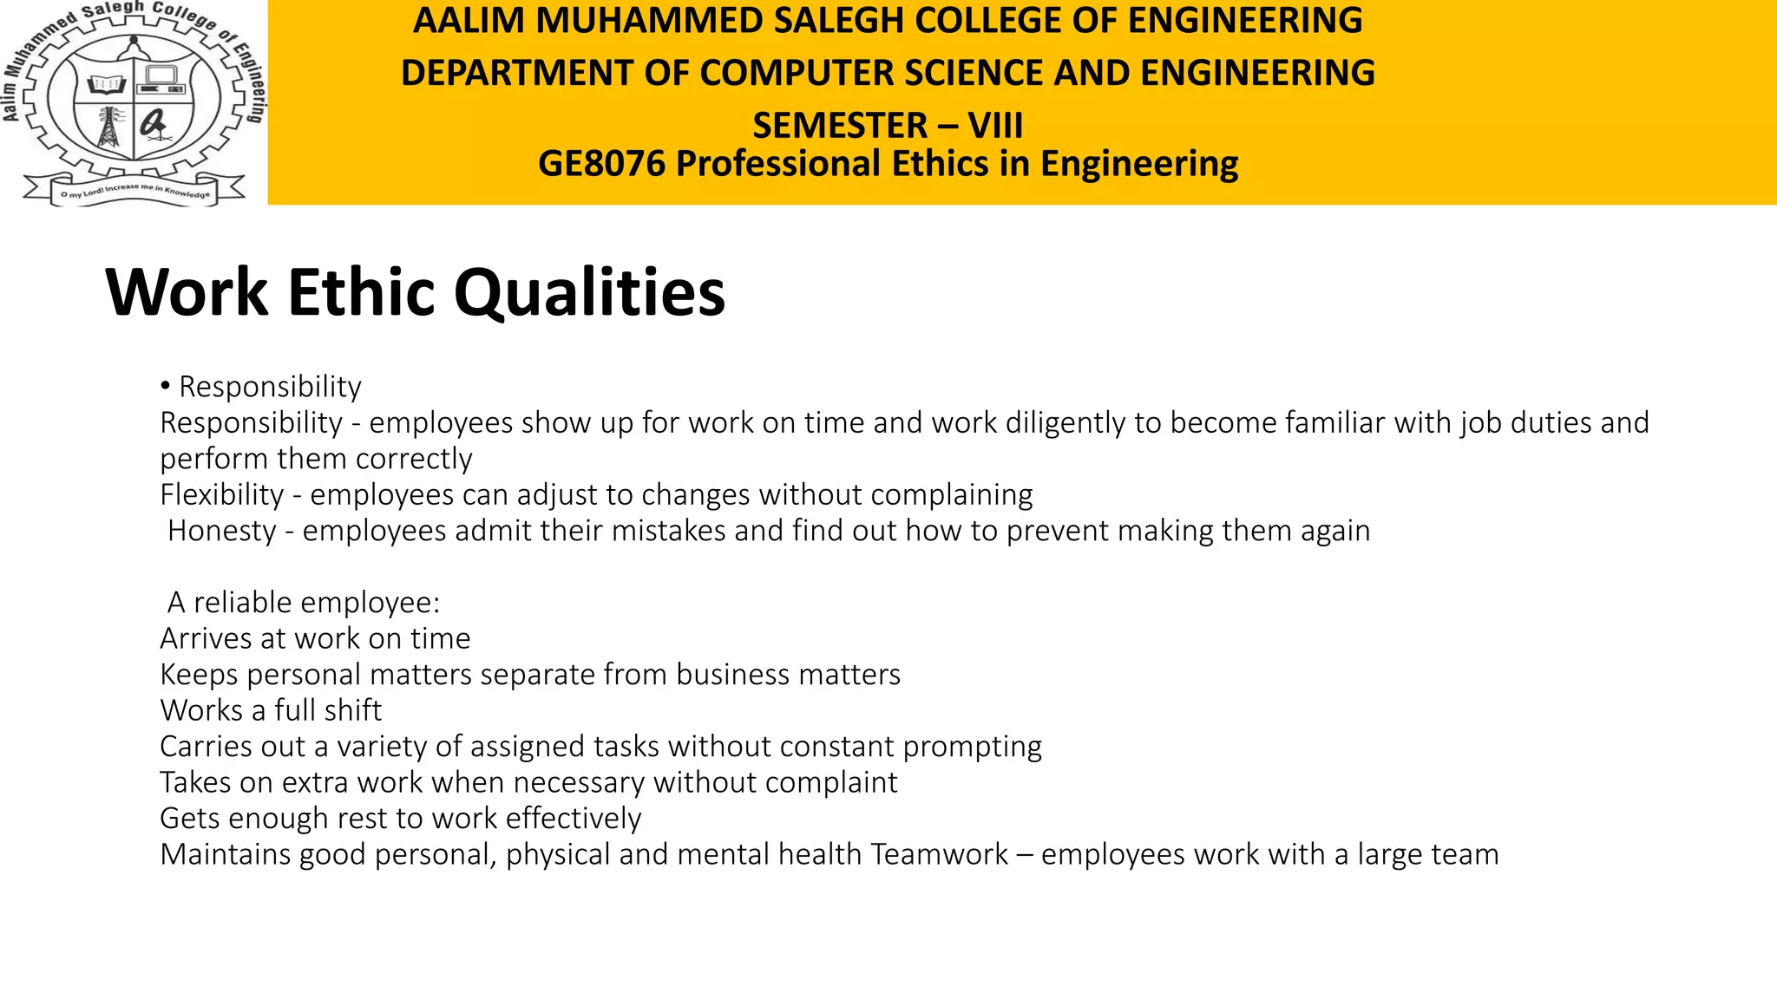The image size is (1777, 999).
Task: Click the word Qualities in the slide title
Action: point(589,293)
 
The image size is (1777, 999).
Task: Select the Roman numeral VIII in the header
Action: point(995,126)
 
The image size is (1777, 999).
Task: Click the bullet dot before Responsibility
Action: point(165,386)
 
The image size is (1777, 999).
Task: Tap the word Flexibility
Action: point(222,494)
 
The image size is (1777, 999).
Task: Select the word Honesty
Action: point(222,530)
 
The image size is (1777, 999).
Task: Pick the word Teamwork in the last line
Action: point(939,854)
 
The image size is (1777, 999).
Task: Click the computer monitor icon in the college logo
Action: point(161,81)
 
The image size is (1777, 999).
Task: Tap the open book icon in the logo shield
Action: point(107,84)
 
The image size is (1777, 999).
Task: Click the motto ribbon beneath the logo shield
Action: point(134,192)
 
